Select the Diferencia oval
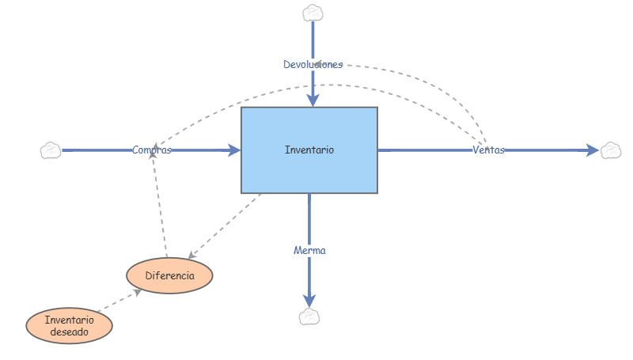(x=170, y=275)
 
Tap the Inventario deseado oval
(x=69, y=326)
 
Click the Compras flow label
(x=152, y=150)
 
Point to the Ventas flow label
(x=488, y=150)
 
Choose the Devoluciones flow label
(x=313, y=64)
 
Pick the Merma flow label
(x=309, y=250)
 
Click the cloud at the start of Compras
(x=51, y=150)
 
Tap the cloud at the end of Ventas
(x=611, y=150)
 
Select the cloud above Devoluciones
(x=313, y=13)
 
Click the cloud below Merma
(x=309, y=316)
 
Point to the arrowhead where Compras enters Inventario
(x=234, y=150)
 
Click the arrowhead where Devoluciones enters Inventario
(x=313, y=100)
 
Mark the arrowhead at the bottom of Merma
(x=309, y=300)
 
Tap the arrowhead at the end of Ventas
(x=593, y=150)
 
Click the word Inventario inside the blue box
(x=309, y=150)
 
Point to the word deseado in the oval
(x=69, y=332)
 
